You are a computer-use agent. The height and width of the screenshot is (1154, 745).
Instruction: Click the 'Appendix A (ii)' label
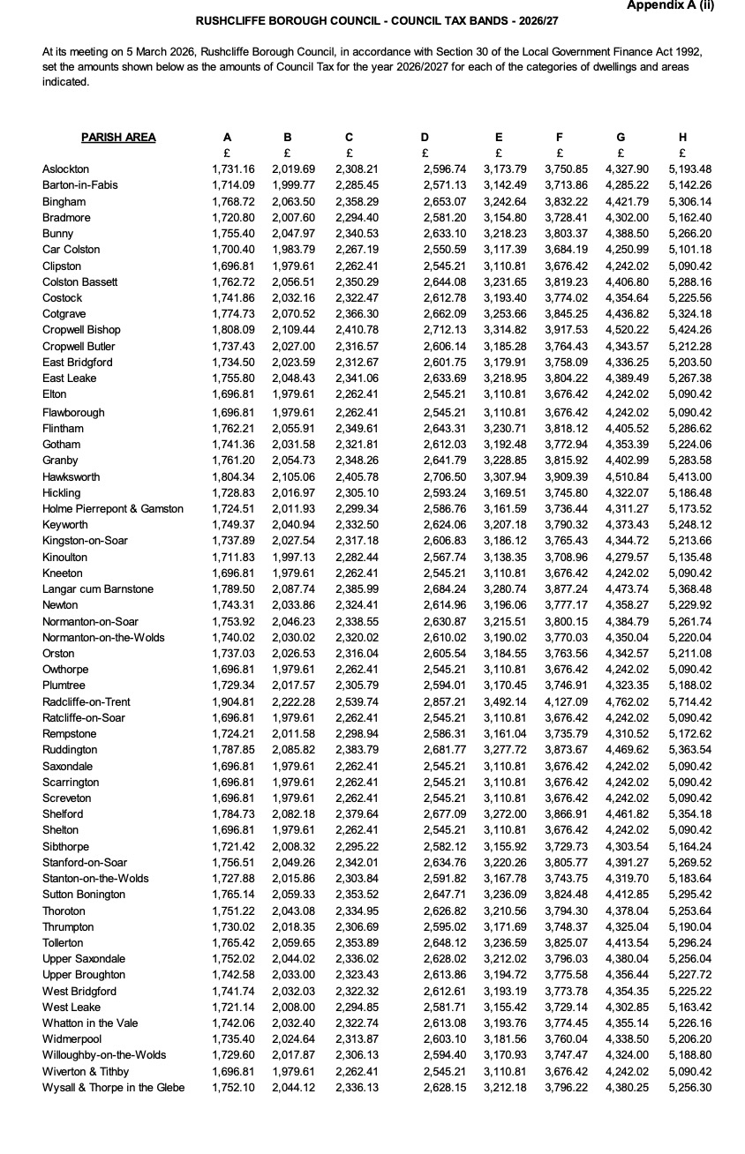tap(670, 5)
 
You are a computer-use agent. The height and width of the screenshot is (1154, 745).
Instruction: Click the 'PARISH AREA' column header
tap(118, 137)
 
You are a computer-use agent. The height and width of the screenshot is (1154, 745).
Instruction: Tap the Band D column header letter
tap(425, 137)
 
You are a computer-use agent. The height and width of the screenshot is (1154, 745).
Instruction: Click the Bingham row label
tap(64, 201)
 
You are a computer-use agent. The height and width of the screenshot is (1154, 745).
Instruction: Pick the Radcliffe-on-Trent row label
tap(87, 701)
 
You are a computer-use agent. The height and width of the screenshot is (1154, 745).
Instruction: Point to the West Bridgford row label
tap(79, 991)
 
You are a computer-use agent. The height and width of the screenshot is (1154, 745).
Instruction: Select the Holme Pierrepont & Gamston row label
tap(113, 508)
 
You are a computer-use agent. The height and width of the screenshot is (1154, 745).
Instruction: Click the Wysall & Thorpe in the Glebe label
tap(114, 1087)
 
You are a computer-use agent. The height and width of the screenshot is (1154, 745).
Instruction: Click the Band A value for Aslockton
tap(233, 169)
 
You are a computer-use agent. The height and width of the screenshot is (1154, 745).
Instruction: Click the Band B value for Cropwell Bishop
tap(293, 330)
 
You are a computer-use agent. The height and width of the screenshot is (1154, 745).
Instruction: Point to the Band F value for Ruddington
tap(567, 750)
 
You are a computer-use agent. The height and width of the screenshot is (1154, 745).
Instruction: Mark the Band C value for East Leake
tap(357, 378)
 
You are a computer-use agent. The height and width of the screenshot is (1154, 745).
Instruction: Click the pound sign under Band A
tap(228, 152)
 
